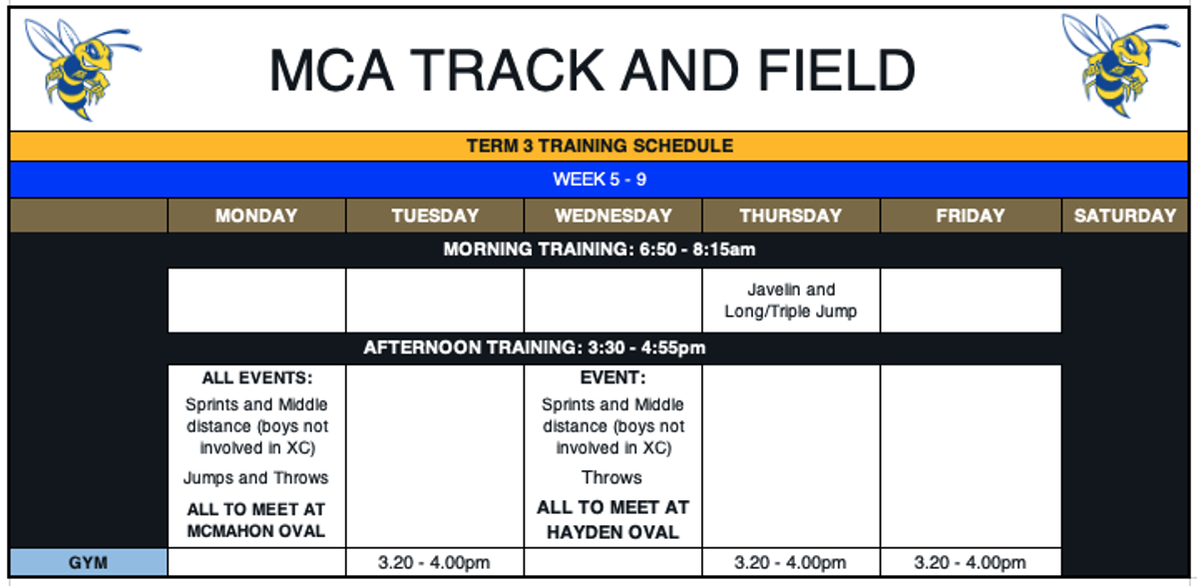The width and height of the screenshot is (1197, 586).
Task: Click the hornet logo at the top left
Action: pos(82,69)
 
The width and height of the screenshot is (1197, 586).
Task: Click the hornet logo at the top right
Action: pos(1120,65)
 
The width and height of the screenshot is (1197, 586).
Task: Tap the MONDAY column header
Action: pos(256,216)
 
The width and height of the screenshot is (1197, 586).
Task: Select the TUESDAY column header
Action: pos(435,216)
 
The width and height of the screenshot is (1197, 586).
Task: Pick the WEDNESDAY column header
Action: pos(612,216)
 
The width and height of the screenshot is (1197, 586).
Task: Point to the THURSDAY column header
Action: pos(791,216)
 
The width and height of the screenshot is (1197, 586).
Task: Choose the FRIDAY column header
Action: pos(971,216)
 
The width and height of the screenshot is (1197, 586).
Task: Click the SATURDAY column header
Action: pos(1125,216)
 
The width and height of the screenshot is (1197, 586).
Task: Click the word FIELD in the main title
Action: pos(837,71)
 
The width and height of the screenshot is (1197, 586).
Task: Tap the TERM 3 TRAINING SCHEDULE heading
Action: pos(599,146)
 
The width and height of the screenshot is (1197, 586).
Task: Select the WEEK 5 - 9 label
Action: pos(599,179)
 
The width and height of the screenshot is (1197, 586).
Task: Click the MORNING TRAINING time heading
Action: pos(599,250)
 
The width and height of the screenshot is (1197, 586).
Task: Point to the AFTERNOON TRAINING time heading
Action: pos(535,347)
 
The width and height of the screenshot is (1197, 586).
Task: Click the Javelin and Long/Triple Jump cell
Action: pos(791,299)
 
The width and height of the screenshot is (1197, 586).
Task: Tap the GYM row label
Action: pos(88,562)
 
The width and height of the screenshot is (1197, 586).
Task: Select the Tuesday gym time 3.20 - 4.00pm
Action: pos(434,562)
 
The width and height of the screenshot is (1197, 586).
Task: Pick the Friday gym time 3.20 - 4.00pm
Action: pos(970,562)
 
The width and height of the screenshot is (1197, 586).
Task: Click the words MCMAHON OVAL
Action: pos(256,531)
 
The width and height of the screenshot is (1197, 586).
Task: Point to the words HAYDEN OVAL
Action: pos(612,532)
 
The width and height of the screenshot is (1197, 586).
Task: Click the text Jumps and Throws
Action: pos(256,477)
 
